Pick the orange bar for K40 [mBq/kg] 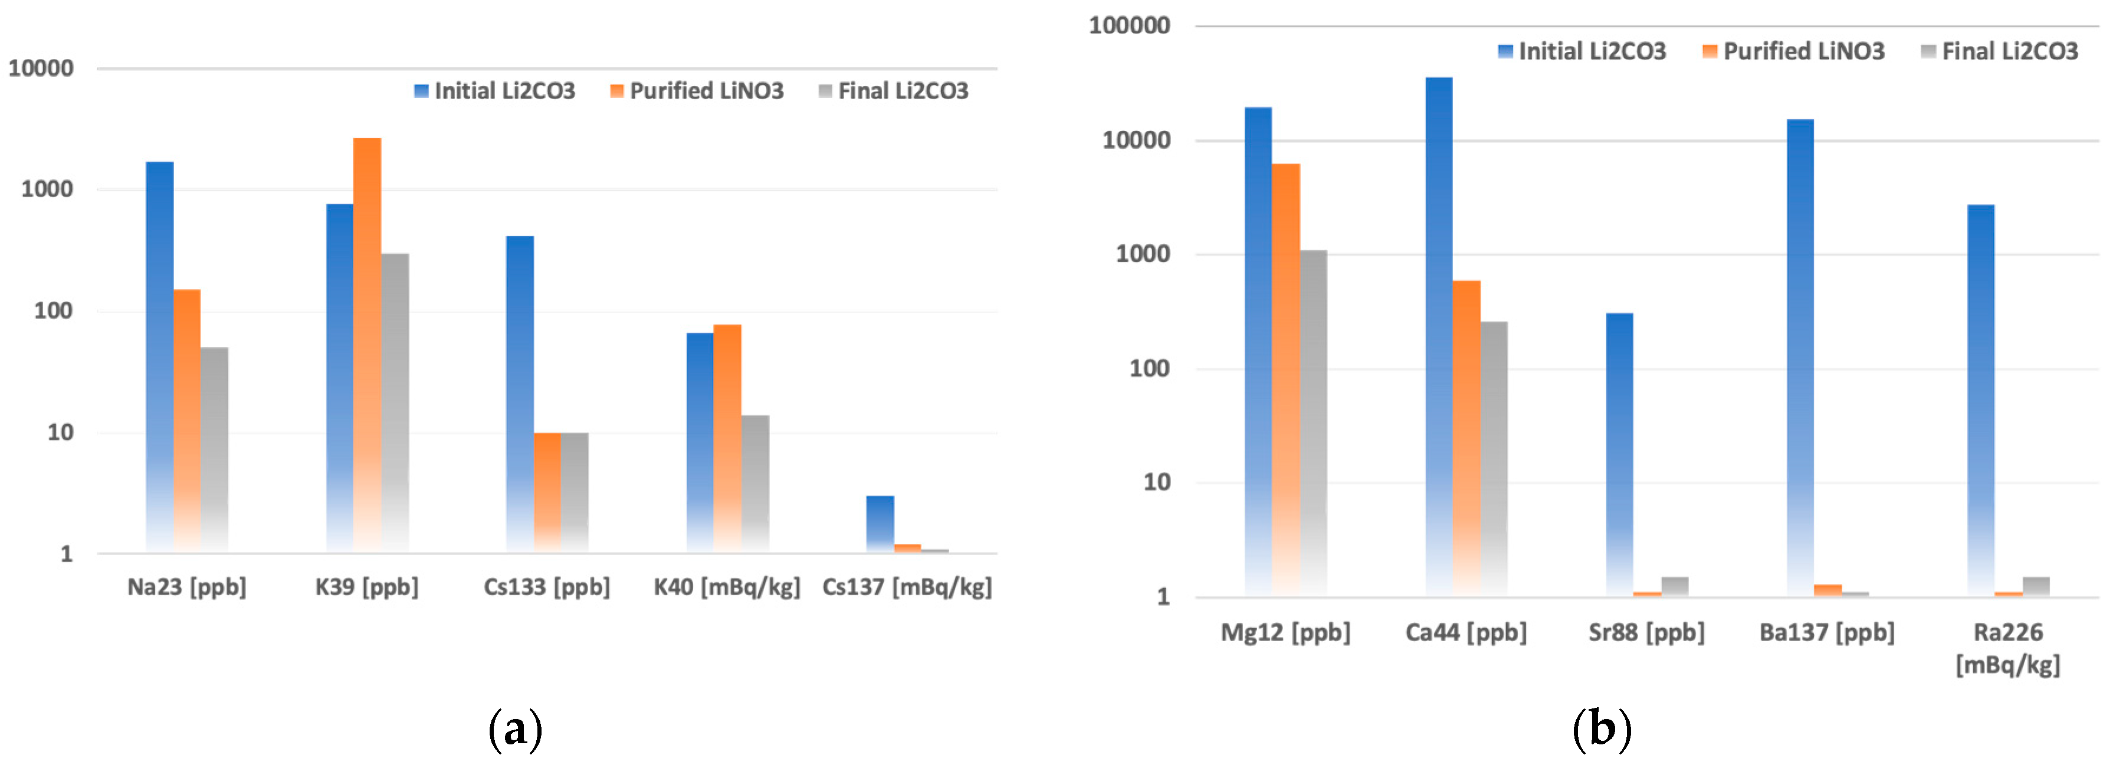[x=727, y=435]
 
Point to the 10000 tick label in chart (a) [x=41, y=68]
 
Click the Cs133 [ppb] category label [x=546, y=586]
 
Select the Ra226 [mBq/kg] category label [x=2007, y=648]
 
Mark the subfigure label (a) [x=515, y=728]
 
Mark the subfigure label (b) [x=1601, y=728]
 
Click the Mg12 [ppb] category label [x=1285, y=632]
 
